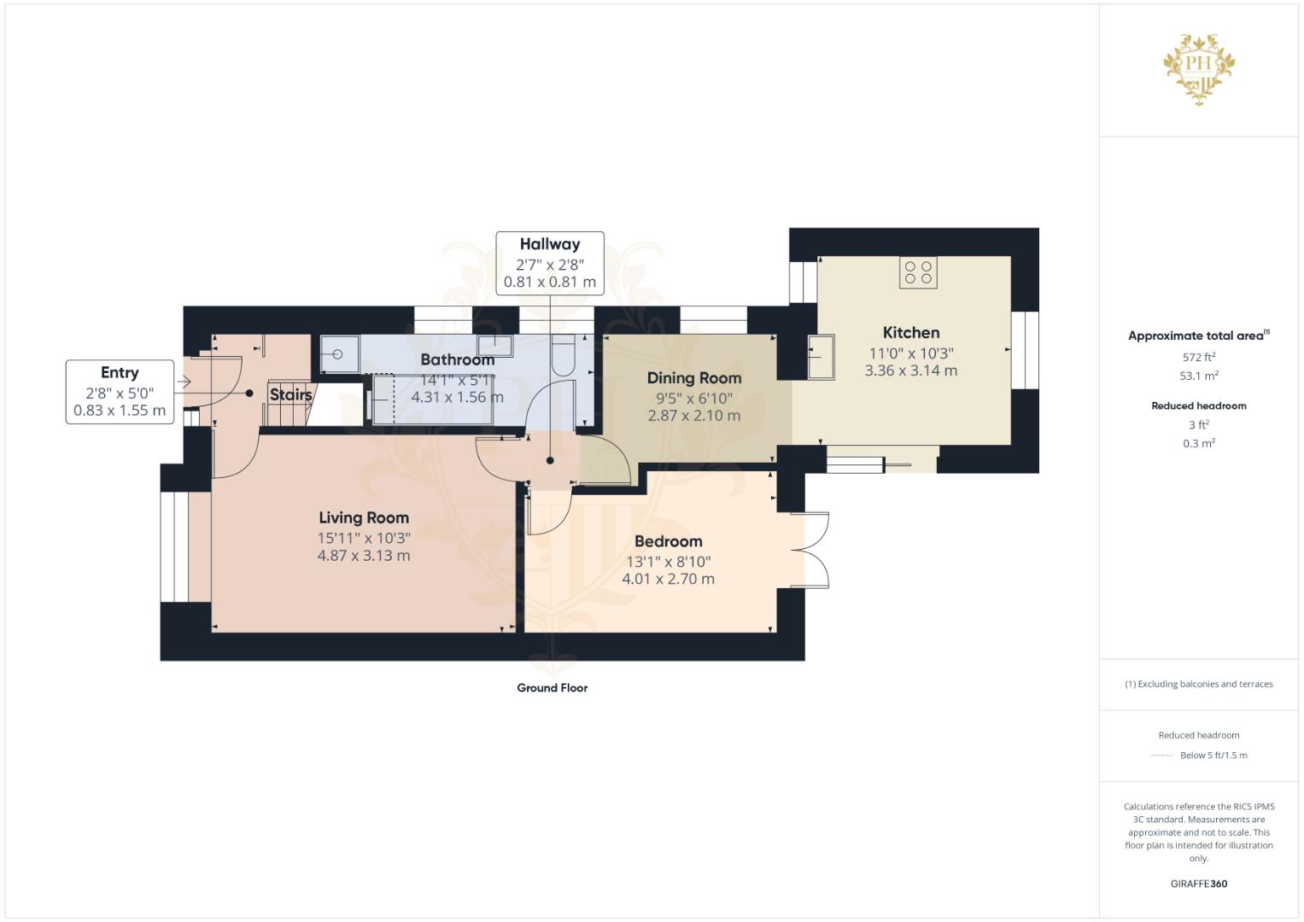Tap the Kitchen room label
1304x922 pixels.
pyautogui.click(x=911, y=332)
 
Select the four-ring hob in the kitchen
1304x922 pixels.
pyautogui.click(x=918, y=272)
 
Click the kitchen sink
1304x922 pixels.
pyautogui.click(x=821, y=357)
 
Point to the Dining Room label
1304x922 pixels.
pyautogui.click(x=694, y=377)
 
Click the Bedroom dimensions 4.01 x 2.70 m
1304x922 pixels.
pyautogui.click(x=669, y=579)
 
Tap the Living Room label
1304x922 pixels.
pyautogui.click(x=364, y=517)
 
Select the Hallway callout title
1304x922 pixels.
pyautogui.click(x=550, y=244)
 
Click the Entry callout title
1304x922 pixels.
pyautogui.click(x=120, y=372)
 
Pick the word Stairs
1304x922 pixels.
pyautogui.click(x=290, y=394)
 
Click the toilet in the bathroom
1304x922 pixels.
pyautogui.click(x=563, y=354)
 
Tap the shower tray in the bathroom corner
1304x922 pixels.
pyautogui.click(x=340, y=354)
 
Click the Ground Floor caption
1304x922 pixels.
pyautogui.click(x=553, y=687)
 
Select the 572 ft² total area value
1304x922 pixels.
pyautogui.click(x=1199, y=357)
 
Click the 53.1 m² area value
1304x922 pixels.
pyautogui.click(x=1199, y=376)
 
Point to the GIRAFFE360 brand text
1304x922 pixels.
pyautogui.click(x=1199, y=884)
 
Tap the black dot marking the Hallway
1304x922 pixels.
pyautogui.click(x=550, y=460)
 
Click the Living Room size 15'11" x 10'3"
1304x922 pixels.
pyautogui.click(x=364, y=538)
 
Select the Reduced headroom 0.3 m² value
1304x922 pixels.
pyautogui.click(x=1199, y=443)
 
